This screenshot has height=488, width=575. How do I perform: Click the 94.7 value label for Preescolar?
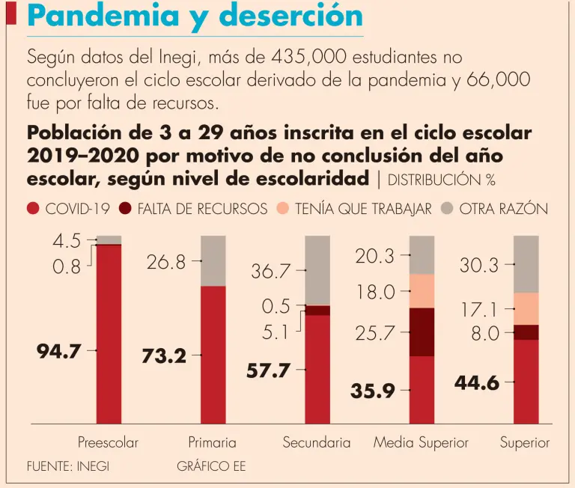[x=58, y=350]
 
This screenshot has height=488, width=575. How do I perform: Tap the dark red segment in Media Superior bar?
[x=422, y=332]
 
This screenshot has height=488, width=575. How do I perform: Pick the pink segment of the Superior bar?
[x=526, y=308]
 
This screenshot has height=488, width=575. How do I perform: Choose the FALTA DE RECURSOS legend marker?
[x=125, y=209]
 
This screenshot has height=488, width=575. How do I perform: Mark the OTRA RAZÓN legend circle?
[x=447, y=209]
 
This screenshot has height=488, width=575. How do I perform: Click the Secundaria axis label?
[x=316, y=442]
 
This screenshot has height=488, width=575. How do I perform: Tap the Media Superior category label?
[x=421, y=442]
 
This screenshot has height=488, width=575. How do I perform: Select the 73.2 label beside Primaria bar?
[x=164, y=356]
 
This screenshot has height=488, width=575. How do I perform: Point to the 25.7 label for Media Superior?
[x=375, y=334]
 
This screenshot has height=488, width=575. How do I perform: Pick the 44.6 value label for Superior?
[x=477, y=382]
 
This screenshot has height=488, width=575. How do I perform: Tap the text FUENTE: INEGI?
[x=67, y=466]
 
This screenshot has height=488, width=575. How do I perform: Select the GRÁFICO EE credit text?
[x=211, y=466]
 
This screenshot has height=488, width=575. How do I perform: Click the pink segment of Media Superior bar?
[x=422, y=291]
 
